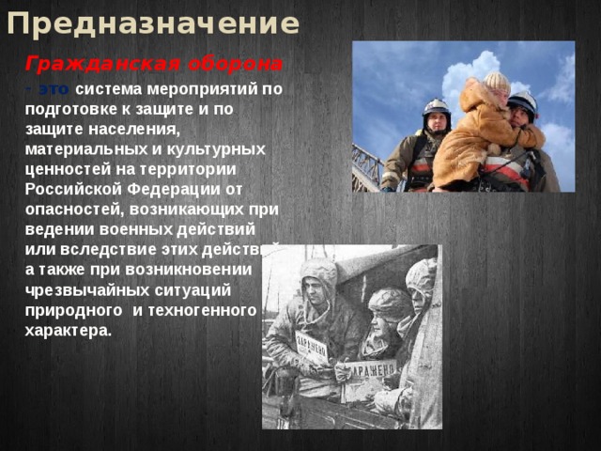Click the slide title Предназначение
152,23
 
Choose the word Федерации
177,187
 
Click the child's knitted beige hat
496,82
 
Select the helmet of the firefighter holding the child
523,100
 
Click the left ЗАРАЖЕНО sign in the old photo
312,346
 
